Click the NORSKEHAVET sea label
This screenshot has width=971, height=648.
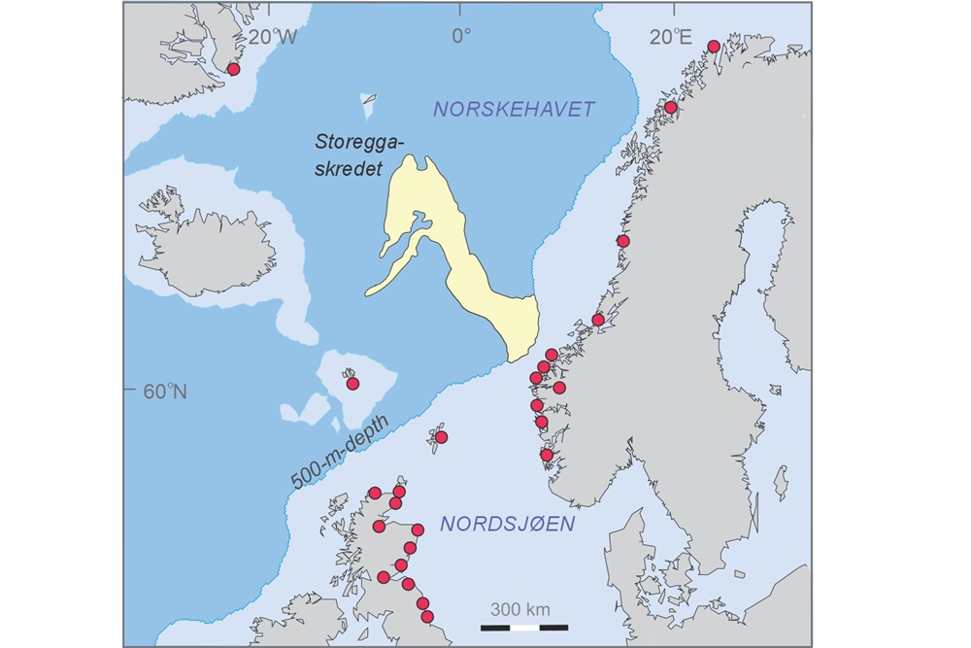coord(514,109)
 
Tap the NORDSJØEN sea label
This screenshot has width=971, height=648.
coord(506,525)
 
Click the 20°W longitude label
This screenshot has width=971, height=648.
coord(272,37)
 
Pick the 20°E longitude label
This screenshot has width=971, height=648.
coord(671,37)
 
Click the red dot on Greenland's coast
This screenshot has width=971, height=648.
coord(233,69)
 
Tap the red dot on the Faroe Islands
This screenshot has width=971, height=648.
coord(352,384)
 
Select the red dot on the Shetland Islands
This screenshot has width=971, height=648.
coord(441,437)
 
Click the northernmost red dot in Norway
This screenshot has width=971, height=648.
coord(714,47)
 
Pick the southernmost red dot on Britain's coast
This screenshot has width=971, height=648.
coord(426,616)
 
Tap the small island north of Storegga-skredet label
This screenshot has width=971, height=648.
coord(368,99)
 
